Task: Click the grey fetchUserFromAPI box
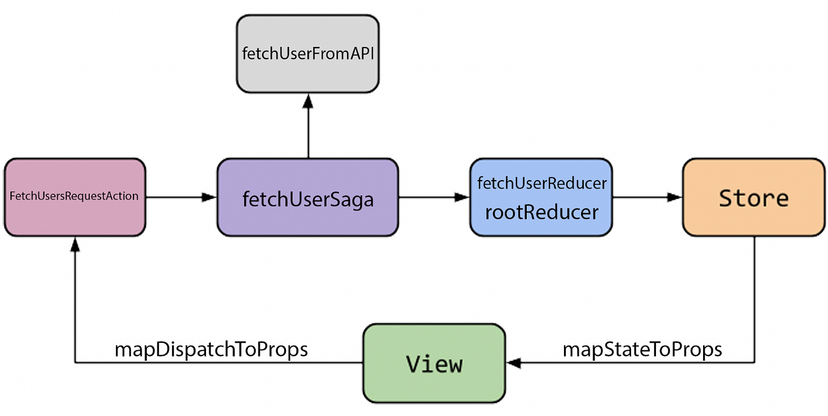click(308, 54)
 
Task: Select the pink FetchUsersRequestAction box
click(74, 197)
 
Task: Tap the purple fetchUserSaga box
click(308, 197)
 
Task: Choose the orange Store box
click(754, 197)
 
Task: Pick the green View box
click(434, 364)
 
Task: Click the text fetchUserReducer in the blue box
click(541, 183)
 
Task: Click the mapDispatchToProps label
click(211, 350)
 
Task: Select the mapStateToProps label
click(642, 350)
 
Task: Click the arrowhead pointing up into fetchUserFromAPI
click(309, 100)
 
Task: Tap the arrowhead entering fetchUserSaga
click(209, 197)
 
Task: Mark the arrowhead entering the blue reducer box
click(462, 197)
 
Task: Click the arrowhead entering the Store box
click(674, 197)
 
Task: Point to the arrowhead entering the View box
click(514, 364)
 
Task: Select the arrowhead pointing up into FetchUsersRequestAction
click(74, 244)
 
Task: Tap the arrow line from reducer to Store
click(640, 197)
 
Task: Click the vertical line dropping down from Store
click(755, 299)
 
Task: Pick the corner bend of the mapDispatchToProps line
click(74, 364)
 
